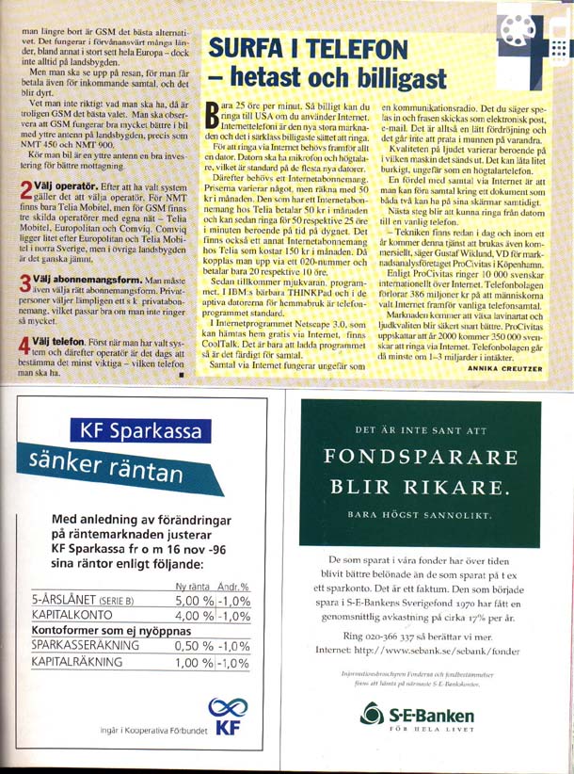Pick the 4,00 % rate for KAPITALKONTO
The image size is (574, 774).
195,617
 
